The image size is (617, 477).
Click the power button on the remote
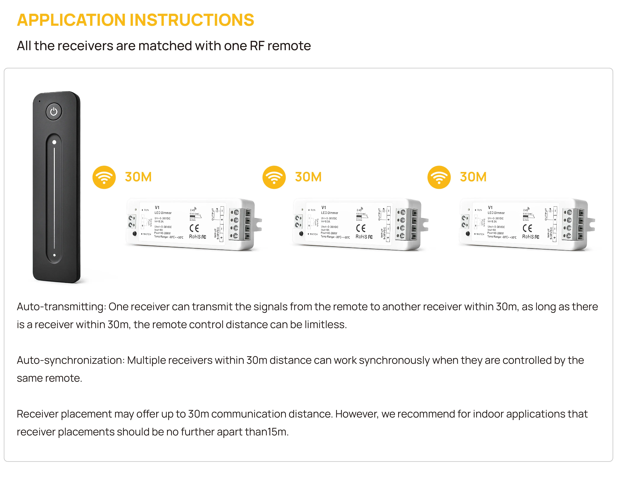click(x=54, y=112)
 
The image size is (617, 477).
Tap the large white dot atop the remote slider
click(x=54, y=142)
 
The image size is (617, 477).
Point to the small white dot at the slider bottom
click(x=54, y=255)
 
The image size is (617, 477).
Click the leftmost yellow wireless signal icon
click(x=104, y=177)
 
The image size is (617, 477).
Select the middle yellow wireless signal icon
click(x=274, y=177)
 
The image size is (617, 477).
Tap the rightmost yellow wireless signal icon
click(x=439, y=177)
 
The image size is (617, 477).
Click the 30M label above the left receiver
click(x=138, y=177)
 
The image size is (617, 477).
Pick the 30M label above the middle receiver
click(x=308, y=177)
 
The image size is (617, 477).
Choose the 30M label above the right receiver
click(x=473, y=177)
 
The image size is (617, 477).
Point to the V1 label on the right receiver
click(x=490, y=208)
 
